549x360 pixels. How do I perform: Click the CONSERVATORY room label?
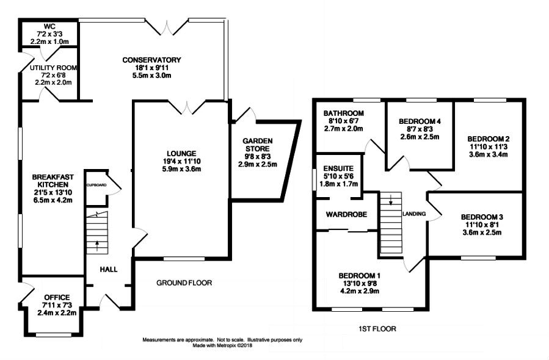151,60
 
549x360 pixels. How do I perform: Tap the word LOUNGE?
181,154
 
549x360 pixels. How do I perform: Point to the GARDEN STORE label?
257,145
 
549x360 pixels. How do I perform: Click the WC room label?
49,27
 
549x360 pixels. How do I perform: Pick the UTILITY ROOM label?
53,68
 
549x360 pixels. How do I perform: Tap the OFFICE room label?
57,297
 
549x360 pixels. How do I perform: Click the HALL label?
109,269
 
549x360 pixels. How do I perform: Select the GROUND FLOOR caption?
184,283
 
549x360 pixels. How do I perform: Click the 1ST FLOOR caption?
377,329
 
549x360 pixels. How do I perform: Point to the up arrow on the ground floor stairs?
97,246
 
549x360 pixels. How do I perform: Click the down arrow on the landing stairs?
391,199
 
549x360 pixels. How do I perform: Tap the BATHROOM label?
343,113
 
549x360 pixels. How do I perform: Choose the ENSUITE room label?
338,168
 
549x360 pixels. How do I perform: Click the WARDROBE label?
346,214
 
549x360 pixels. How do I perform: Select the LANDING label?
414,214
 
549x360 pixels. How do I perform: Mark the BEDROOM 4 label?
420,121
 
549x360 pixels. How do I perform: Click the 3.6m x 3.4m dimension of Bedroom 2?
489,154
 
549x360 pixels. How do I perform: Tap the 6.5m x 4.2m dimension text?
53,201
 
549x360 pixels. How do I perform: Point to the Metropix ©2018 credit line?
223,345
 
